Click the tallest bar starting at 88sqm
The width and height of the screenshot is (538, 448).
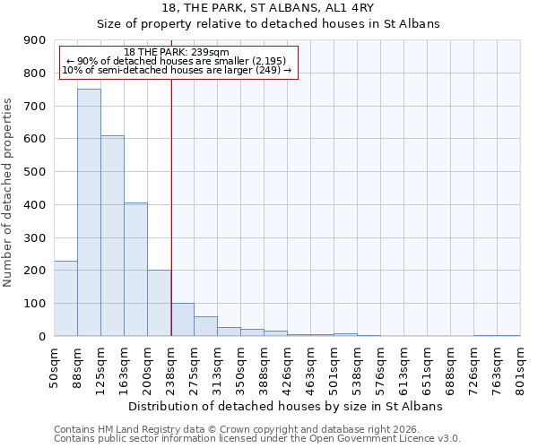89,212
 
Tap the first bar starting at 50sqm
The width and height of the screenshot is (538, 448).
65,298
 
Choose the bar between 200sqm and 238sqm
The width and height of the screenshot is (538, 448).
159,303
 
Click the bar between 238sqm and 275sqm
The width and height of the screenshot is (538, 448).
182,320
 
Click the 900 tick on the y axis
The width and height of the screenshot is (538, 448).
34,40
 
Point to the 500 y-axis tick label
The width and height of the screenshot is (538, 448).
34,172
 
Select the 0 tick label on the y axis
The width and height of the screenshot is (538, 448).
41,337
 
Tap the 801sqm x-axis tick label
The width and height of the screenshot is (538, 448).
521,367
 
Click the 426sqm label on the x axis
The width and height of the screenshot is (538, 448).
288,367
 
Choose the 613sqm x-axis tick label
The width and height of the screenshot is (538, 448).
404,367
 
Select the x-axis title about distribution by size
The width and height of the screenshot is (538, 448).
287,406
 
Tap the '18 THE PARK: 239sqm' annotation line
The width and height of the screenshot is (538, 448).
177,52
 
